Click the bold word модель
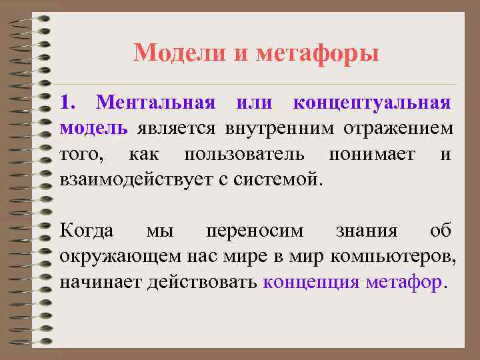click(x=93, y=128)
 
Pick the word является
click(x=177, y=128)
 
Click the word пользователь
click(x=245, y=154)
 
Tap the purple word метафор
click(x=403, y=282)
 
